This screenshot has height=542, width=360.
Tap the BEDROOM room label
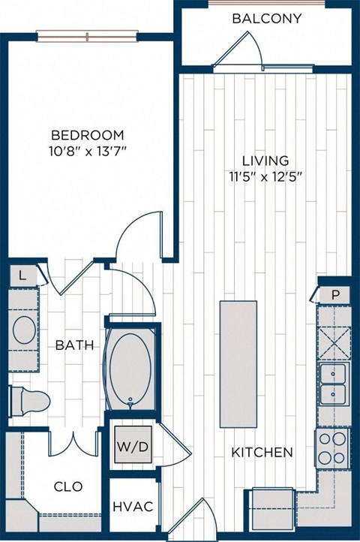coord(87,135)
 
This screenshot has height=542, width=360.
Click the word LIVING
coord(265,161)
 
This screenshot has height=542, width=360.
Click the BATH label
coord(74,346)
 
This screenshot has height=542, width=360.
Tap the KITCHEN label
coord(261,453)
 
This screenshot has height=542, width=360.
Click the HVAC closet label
coord(132,507)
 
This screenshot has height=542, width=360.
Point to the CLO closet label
coord(68,486)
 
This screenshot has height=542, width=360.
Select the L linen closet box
coord(22,276)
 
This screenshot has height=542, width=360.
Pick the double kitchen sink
coord(331,384)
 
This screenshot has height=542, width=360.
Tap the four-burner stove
coord(331,449)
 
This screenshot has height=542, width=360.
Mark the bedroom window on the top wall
coord(87,36)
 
